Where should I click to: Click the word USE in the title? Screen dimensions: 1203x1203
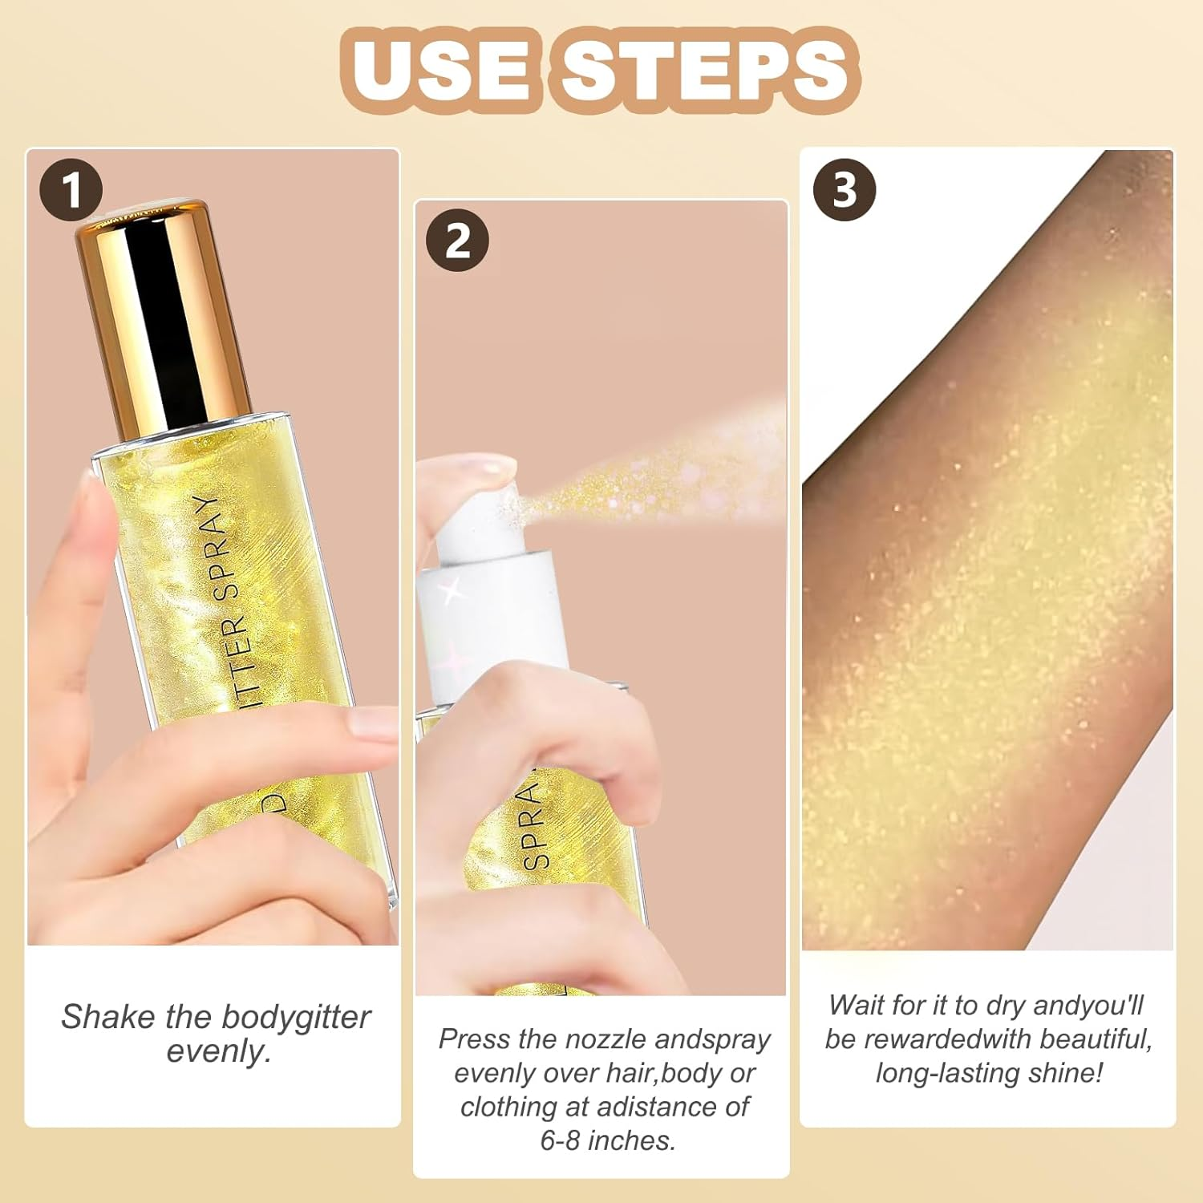coord(440,70)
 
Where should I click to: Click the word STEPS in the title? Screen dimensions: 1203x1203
coord(706,70)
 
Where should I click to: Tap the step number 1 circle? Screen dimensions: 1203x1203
coord(71,191)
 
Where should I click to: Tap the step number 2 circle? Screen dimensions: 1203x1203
coord(457,241)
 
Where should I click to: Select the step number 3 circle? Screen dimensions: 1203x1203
coord(845,190)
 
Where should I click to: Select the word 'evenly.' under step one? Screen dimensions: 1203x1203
coord(218,1051)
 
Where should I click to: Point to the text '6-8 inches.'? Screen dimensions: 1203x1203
coord(607,1140)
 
